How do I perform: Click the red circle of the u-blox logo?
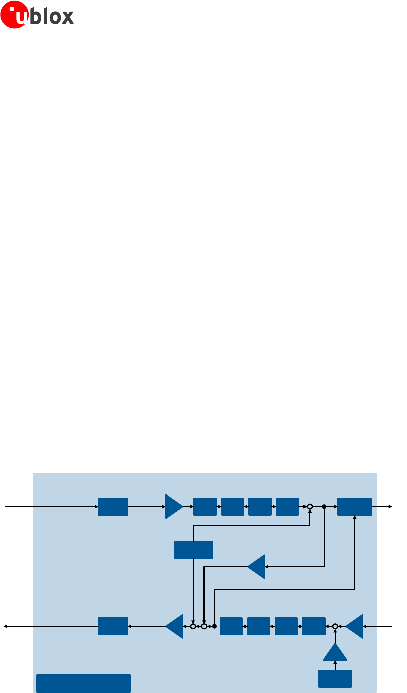(x=14, y=15)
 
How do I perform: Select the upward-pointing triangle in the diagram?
(x=335, y=652)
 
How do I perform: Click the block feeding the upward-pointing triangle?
(x=335, y=678)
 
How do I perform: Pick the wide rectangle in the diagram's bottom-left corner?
(x=83, y=683)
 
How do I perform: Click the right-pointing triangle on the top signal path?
(x=174, y=507)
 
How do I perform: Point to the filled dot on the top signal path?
(x=324, y=507)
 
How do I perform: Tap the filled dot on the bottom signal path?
(x=214, y=626)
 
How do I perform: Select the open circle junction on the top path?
(x=310, y=507)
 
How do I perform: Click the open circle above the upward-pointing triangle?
(x=335, y=626)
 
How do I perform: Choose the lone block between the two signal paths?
(x=193, y=550)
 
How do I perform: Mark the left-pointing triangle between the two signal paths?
(x=257, y=567)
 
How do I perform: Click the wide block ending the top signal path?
(x=355, y=507)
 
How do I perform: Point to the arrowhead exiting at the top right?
(x=390, y=507)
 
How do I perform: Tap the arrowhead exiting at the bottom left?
(x=6, y=626)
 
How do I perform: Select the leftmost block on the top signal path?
(x=113, y=507)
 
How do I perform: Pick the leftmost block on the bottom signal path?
(x=113, y=626)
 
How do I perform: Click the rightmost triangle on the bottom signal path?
(x=355, y=626)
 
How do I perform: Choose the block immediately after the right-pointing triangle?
(x=205, y=507)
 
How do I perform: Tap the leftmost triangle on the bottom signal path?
(x=175, y=626)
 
